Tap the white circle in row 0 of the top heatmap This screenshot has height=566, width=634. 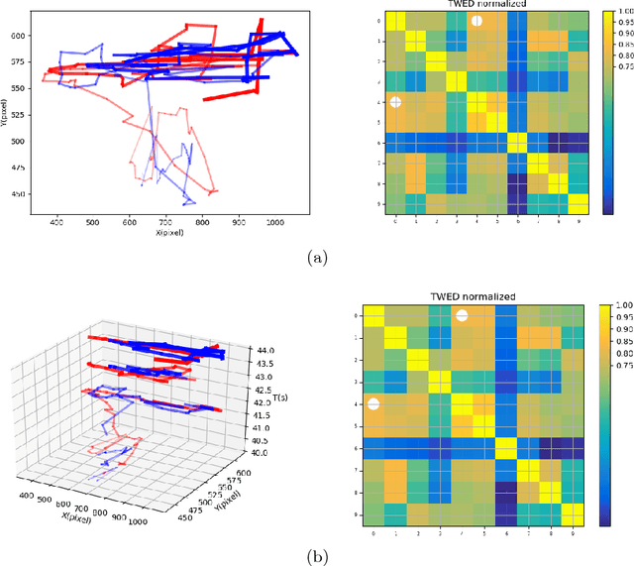pos(476,20)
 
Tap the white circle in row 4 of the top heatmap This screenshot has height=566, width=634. pos(395,102)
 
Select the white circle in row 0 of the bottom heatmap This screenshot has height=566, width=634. pos(462,315)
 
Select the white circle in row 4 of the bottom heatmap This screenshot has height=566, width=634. pos(373,403)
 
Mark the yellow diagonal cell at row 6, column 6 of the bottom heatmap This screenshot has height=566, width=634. pos(505,447)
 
